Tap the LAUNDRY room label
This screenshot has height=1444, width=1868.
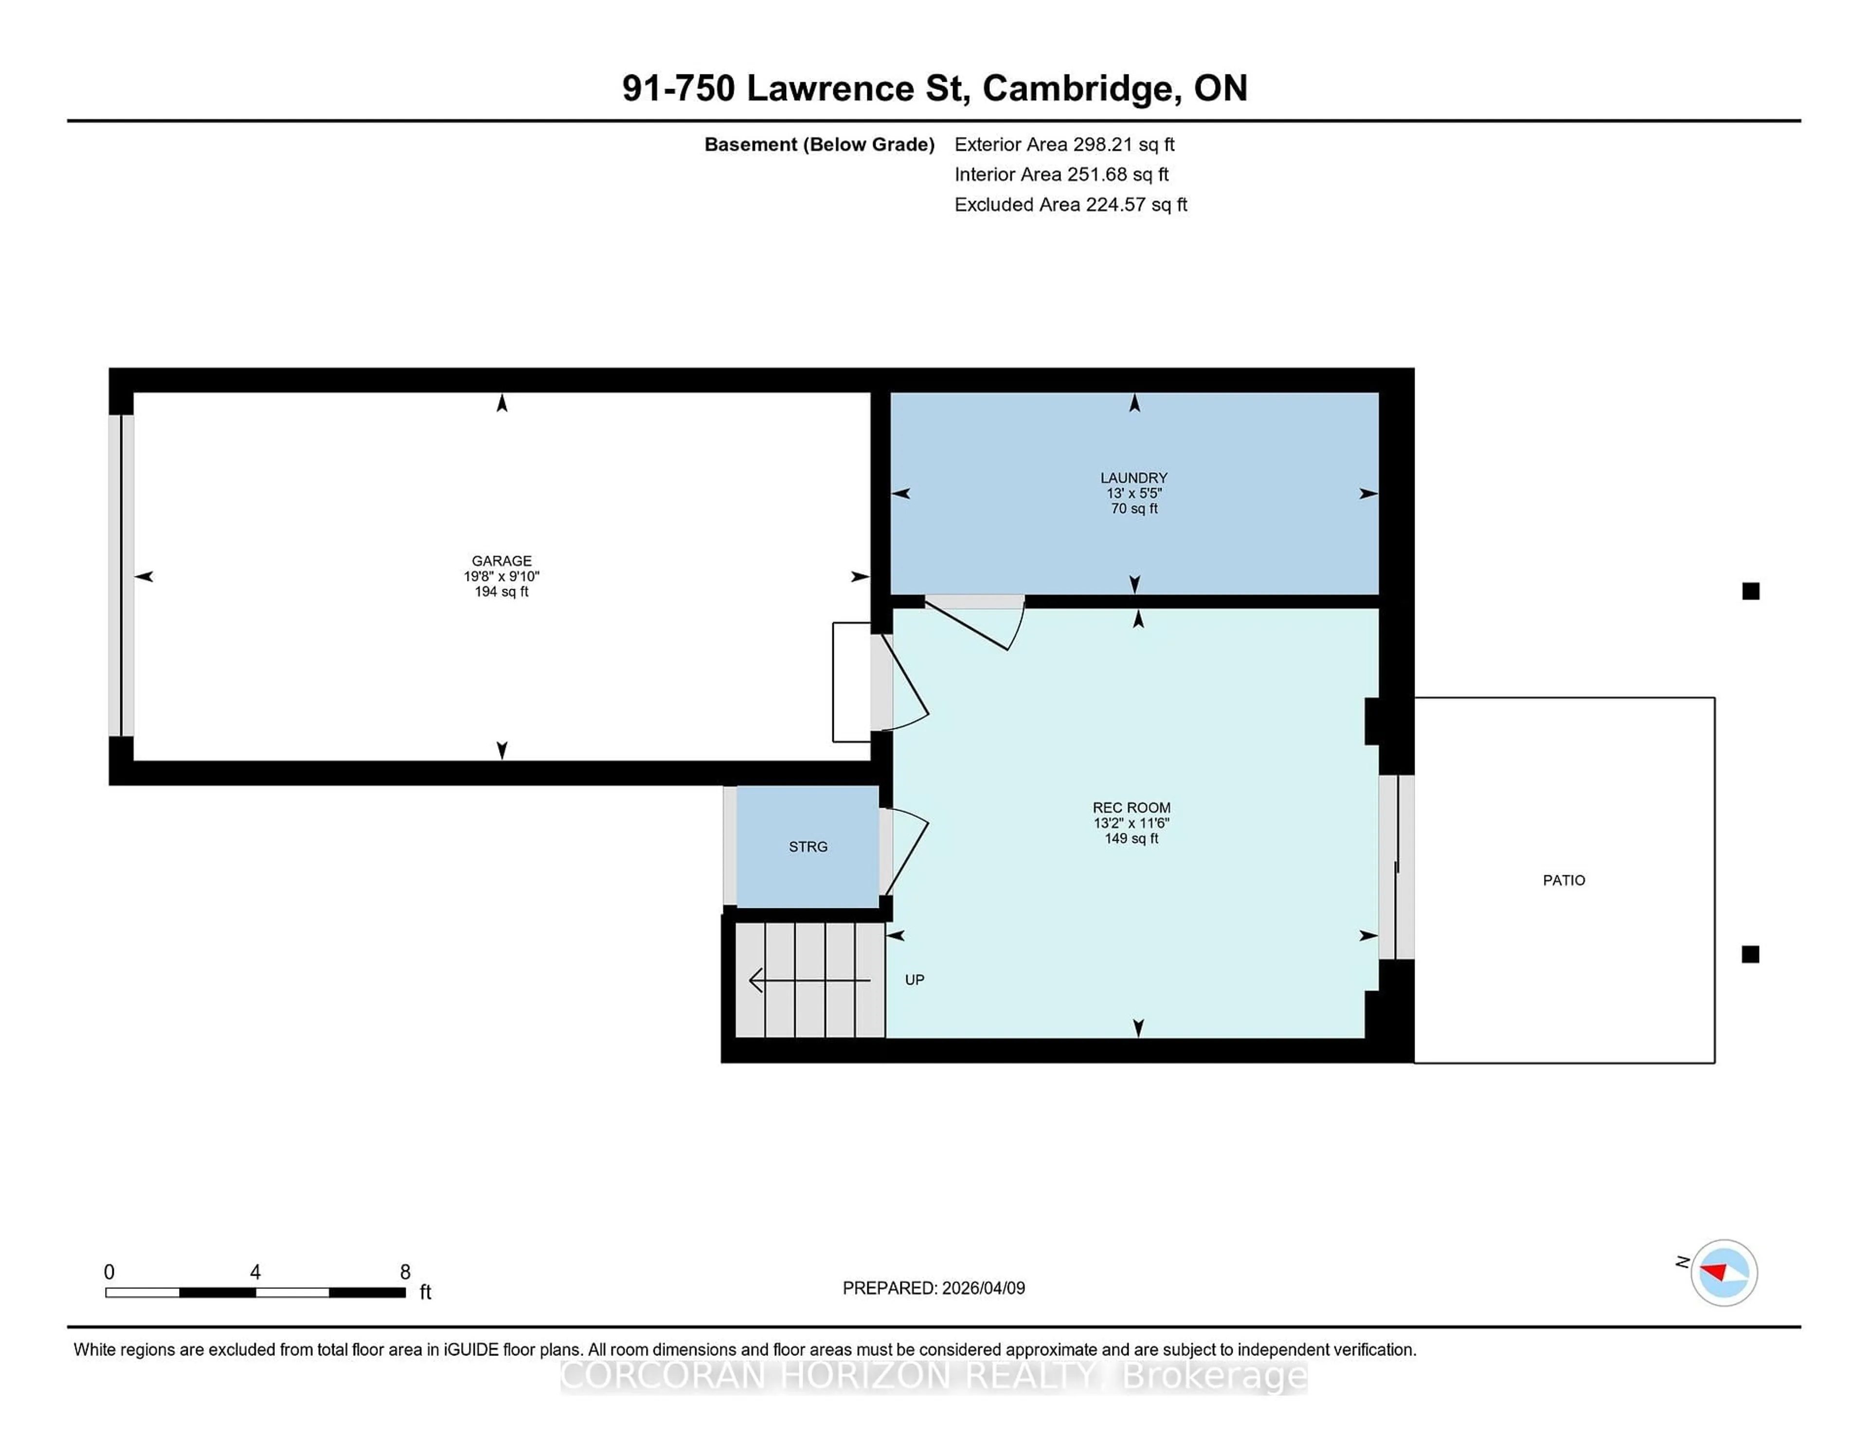[x=1133, y=477]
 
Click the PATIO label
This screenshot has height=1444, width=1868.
[x=1563, y=880]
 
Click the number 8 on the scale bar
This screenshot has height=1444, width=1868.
[x=405, y=1272]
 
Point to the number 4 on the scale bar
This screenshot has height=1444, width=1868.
[x=255, y=1272]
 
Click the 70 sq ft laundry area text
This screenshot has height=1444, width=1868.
[x=1134, y=508]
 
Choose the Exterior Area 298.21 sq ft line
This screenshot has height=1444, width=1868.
[x=1064, y=144]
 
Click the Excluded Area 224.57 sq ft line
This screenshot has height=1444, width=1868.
[x=1071, y=204]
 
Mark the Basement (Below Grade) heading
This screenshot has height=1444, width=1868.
[x=819, y=144]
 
